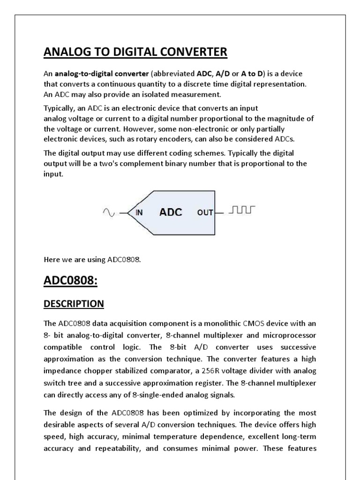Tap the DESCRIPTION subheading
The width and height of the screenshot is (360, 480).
click(74, 304)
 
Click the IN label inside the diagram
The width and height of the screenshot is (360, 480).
click(139, 212)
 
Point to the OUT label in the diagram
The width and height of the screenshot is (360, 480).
click(205, 212)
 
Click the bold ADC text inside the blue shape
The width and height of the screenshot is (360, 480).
click(171, 212)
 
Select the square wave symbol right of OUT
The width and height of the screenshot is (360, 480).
click(241, 211)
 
